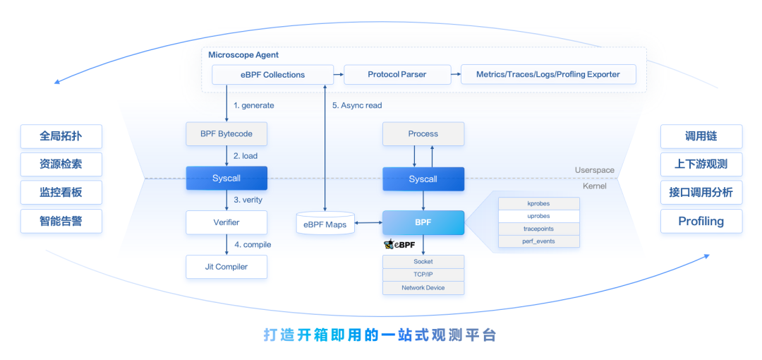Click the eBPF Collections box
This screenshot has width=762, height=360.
[x=272, y=75]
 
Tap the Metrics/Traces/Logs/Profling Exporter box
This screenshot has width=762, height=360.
[x=548, y=75]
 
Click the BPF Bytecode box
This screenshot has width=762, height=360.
[x=226, y=134]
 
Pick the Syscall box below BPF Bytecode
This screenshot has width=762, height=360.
[x=226, y=179]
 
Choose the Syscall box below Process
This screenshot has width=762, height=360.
[x=423, y=179]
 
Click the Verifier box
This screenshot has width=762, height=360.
[x=226, y=222]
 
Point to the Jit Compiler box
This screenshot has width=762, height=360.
[x=226, y=267]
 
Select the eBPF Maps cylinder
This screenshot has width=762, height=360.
[x=324, y=224]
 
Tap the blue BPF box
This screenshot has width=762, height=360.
[x=423, y=222]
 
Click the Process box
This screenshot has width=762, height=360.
[x=423, y=134]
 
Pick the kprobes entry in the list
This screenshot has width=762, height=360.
[x=538, y=203]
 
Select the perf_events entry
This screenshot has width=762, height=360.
[x=538, y=241]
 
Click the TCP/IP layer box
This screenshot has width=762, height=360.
[x=423, y=275]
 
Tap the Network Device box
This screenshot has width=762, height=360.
[x=423, y=288]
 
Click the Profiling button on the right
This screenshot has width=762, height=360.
[x=701, y=222]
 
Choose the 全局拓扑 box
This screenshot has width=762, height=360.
[x=61, y=136]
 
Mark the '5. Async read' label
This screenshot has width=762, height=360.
[x=357, y=106]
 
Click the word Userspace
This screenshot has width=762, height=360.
[x=595, y=171]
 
